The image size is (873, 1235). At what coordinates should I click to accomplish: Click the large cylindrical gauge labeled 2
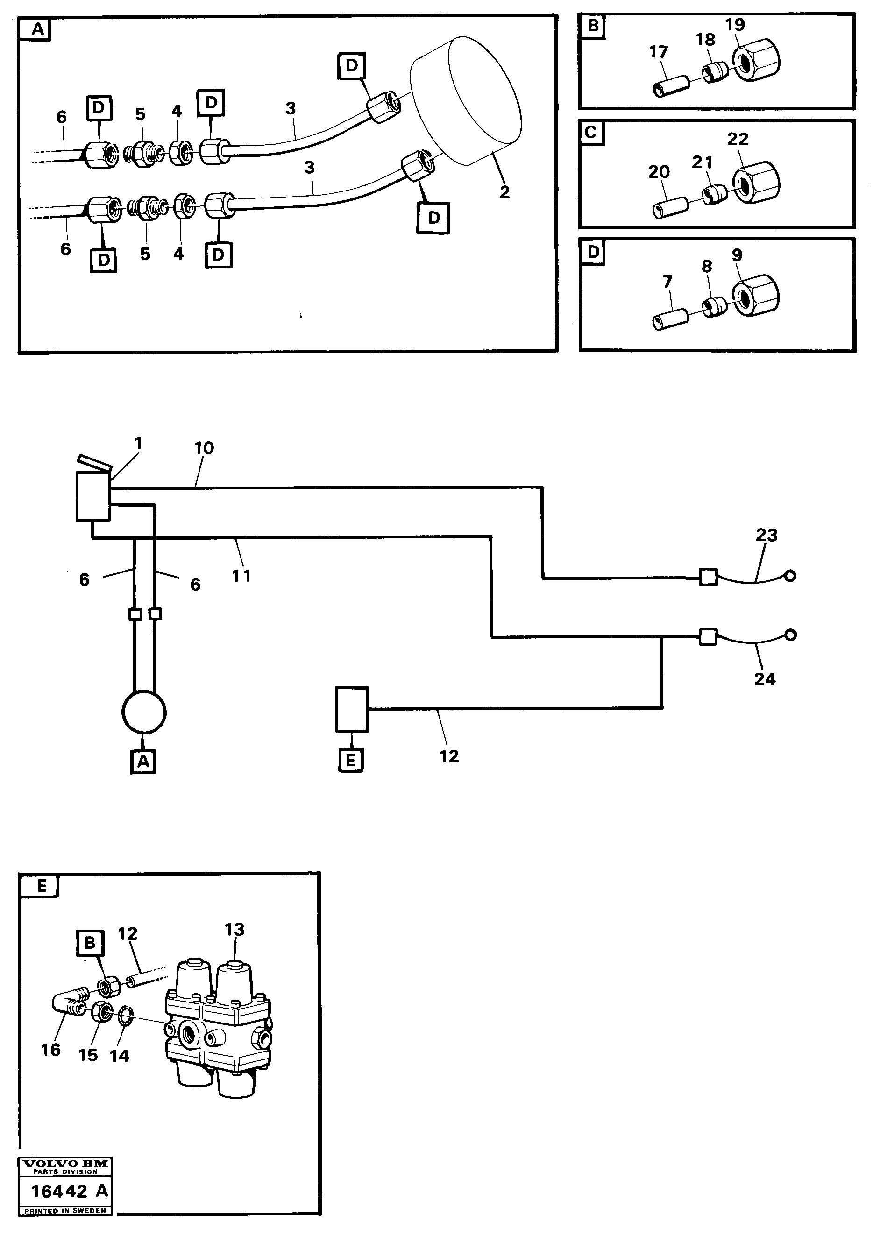tap(466, 102)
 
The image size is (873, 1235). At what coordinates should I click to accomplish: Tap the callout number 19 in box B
tap(735, 25)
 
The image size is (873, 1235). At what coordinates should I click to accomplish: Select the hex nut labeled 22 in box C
tap(756, 183)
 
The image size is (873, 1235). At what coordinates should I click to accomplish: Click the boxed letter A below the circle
tap(143, 762)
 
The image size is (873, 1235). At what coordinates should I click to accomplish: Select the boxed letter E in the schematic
tap(351, 761)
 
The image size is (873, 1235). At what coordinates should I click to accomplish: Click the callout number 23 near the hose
tap(767, 535)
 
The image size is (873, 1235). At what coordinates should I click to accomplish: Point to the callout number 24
tap(764, 679)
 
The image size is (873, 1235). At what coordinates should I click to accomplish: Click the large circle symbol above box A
tap(144, 712)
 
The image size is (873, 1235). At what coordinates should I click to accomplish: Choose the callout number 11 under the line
tap(241, 576)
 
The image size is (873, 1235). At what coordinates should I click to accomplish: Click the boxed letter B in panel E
tap(90, 943)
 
